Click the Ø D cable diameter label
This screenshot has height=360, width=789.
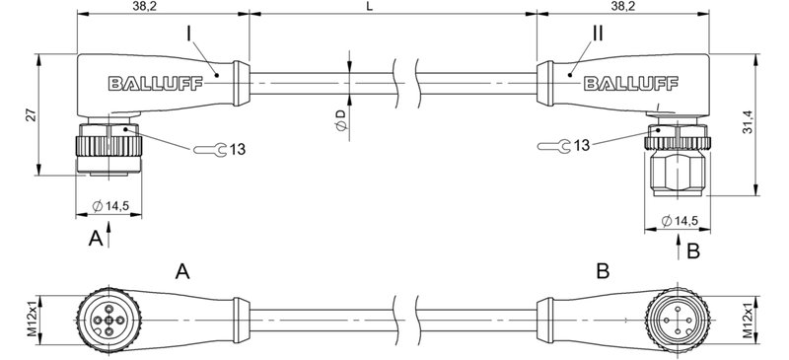[340, 122]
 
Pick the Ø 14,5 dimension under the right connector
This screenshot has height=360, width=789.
[683, 219]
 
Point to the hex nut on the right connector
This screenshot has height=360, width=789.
[678, 178]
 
